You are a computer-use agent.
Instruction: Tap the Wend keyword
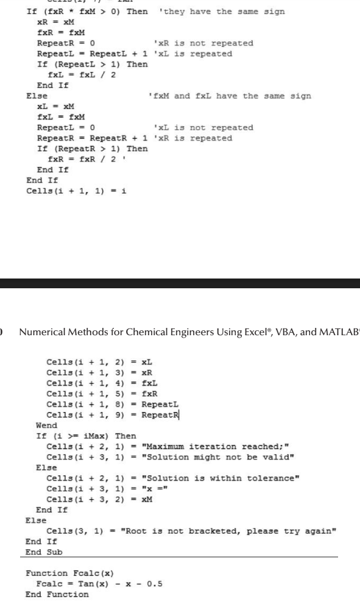tap(47, 425)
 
